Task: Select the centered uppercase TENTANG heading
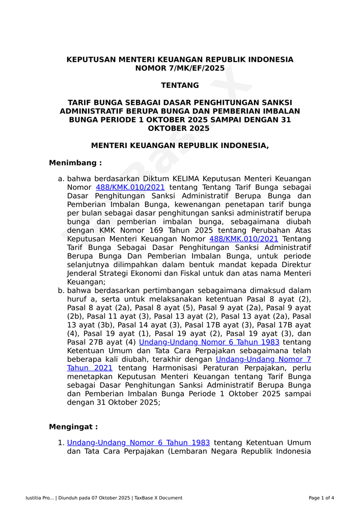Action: coord(180,86)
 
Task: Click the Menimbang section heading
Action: coord(75,163)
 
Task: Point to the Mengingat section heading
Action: coord(73,427)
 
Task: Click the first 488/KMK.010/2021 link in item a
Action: coord(130,187)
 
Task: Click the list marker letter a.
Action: coord(61,179)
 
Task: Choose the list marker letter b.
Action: coord(61,291)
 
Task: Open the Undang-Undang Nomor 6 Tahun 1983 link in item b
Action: coord(209,342)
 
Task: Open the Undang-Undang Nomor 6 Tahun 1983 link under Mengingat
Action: coord(138,443)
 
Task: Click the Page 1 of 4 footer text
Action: coord(321,498)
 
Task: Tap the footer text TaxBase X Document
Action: coord(158,498)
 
